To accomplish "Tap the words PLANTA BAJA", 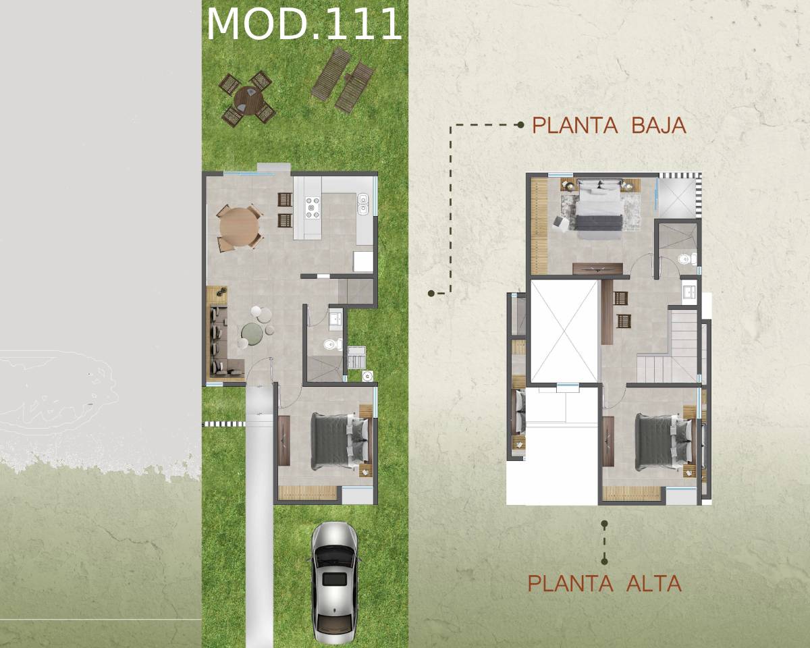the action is pyautogui.click(x=609, y=126).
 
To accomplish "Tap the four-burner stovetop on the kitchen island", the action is pyautogui.click(x=313, y=207).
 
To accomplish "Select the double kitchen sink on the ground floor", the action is pyautogui.click(x=362, y=204).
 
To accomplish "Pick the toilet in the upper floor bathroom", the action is pyautogui.click(x=687, y=259).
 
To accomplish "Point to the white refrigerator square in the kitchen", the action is pyautogui.click(x=363, y=262).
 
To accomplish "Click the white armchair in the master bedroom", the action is pyautogui.click(x=561, y=223).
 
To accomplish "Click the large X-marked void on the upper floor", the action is pyautogui.click(x=564, y=331).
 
